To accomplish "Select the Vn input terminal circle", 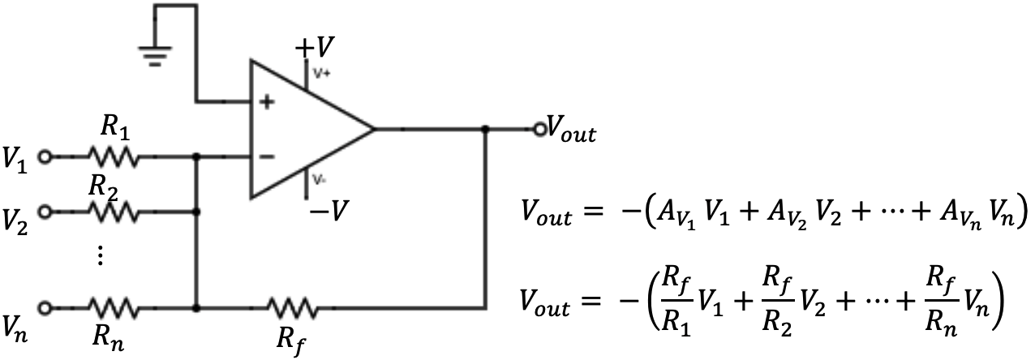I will point(45,308).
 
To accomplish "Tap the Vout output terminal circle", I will point(539,128).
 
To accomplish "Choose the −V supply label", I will point(328,212).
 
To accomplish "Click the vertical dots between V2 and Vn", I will point(100,256).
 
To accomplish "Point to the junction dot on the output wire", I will point(484,128).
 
